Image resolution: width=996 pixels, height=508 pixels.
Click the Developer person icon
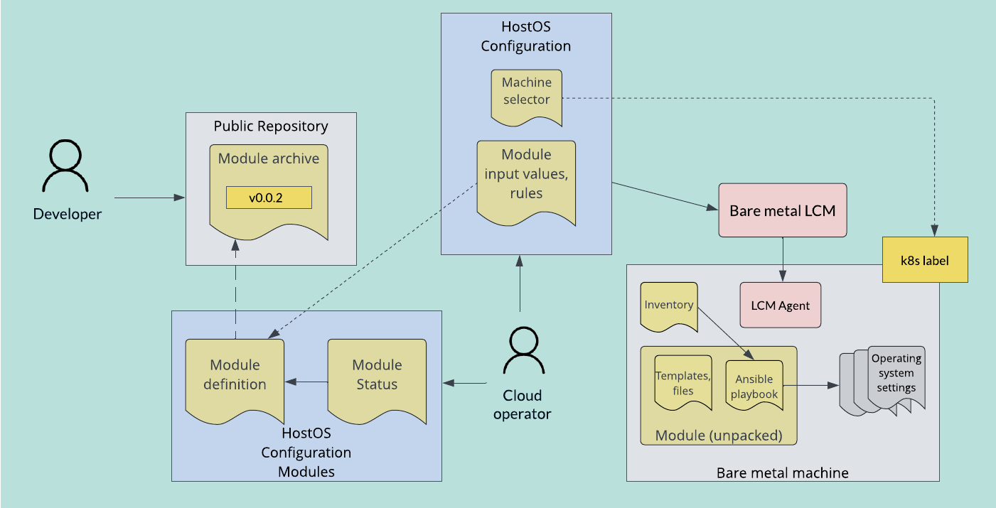click(66, 166)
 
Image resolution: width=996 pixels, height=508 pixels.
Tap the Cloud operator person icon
click(523, 352)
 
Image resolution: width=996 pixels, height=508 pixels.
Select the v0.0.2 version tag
click(269, 198)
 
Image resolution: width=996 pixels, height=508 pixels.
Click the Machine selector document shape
click(526, 96)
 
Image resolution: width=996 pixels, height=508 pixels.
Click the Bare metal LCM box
click(782, 210)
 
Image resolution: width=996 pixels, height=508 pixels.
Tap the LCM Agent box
click(780, 306)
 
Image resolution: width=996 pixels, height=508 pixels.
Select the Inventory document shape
click(668, 306)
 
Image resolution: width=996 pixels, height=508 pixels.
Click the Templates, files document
click(682, 382)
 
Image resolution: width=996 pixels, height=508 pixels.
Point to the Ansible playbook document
click(754, 384)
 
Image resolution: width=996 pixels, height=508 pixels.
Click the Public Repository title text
click(271, 126)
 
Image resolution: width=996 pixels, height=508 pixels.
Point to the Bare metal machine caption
click(782, 472)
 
